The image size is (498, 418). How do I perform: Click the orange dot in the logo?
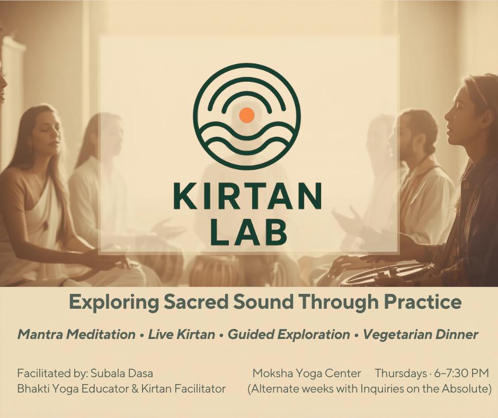pyautogui.click(x=247, y=115)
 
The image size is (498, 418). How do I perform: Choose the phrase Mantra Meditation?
pyautogui.click(x=76, y=334)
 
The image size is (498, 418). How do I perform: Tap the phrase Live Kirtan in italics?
pyautogui.click(x=181, y=334)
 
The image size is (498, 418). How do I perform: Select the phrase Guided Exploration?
pyautogui.click(x=289, y=334)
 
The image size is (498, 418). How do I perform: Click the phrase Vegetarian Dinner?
pyautogui.click(x=420, y=334)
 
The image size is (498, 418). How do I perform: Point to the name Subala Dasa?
pyautogui.click(x=122, y=373)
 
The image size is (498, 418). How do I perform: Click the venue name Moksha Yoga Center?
pyautogui.click(x=307, y=373)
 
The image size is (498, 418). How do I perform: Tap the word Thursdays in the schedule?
pyautogui.click(x=401, y=373)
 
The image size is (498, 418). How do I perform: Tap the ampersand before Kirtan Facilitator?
pyautogui.click(x=135, y=389)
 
